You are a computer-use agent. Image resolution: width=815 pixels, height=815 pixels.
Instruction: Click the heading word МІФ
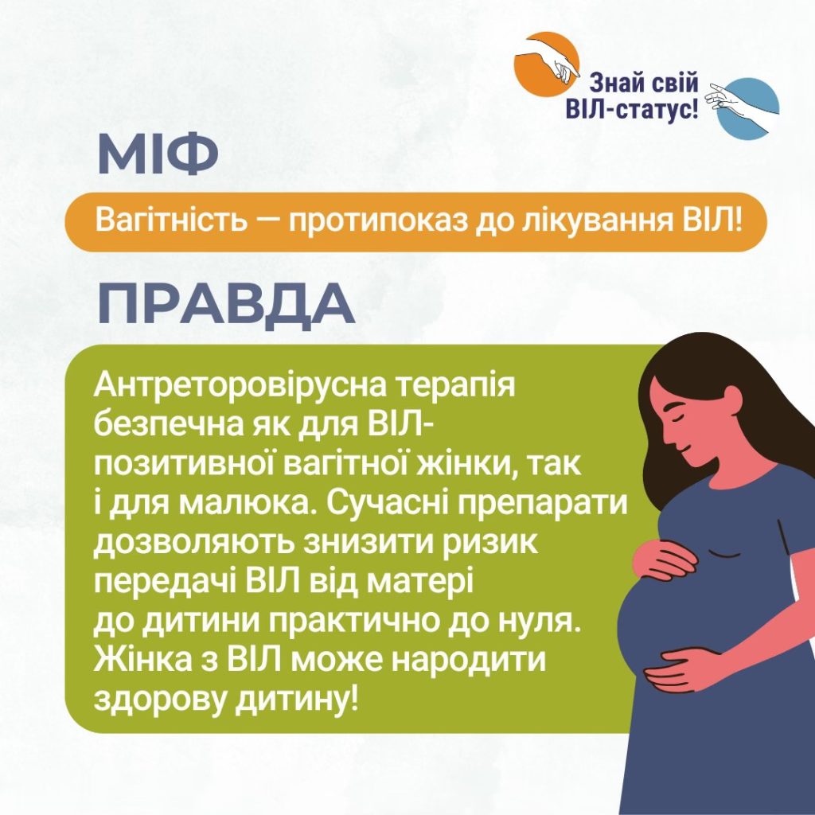click(x=158, y=154)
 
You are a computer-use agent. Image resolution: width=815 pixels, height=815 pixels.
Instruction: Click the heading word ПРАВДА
click(x=227, y=305)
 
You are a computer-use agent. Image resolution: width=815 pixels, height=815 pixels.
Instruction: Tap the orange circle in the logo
click(x=546, y=64)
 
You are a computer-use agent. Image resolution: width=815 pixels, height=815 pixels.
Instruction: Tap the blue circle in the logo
click(x=747, y=109)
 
